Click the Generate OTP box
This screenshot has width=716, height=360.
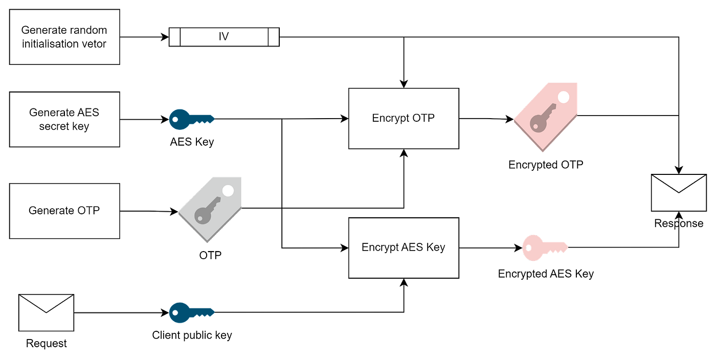65,211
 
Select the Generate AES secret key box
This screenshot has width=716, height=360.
65,119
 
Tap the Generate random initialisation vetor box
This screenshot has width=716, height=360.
65,37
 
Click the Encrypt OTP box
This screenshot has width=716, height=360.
403,119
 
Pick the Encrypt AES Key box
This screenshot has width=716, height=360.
403,247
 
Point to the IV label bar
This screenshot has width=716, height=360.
223,37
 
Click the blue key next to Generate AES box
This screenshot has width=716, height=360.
191,119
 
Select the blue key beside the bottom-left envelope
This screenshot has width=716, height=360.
191,311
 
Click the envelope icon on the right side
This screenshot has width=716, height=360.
678,192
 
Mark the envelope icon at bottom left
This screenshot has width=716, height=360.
46,312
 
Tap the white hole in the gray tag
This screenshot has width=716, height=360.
228,191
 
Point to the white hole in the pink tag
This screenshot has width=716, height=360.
564,97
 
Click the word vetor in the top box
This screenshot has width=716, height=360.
92,44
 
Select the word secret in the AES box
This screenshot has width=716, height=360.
55,126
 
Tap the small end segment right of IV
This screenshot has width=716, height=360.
273,37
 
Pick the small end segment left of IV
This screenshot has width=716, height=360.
175,37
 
